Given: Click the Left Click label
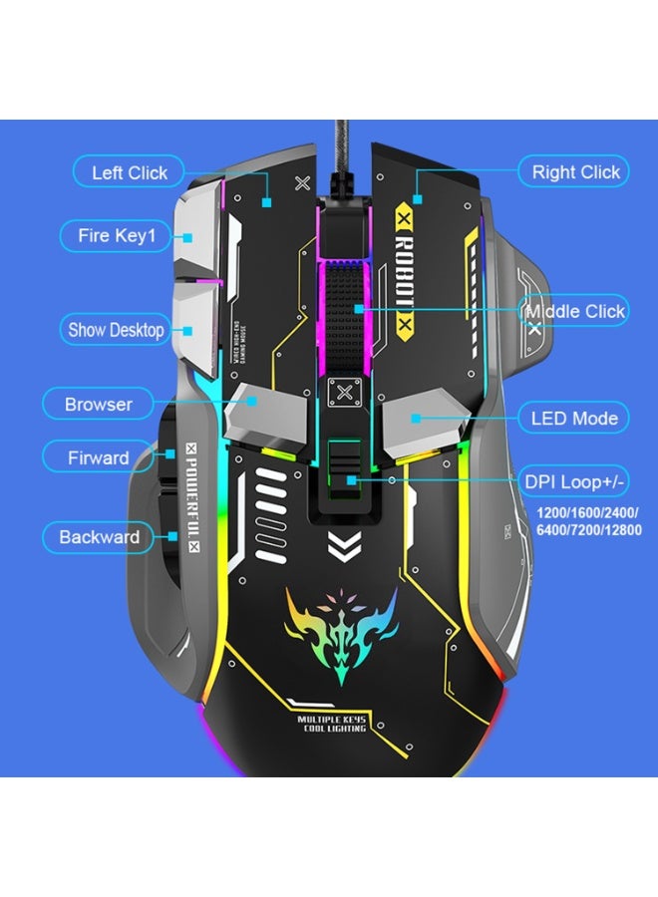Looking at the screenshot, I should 130,172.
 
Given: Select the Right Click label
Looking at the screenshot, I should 575,171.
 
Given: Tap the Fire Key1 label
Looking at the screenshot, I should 124,236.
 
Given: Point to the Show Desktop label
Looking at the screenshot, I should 116,329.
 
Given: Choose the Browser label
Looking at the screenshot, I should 99,404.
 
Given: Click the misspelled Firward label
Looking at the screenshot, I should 99,457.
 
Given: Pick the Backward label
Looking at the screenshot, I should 99,537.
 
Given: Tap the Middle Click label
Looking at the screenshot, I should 576,311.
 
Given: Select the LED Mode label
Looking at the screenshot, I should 574,418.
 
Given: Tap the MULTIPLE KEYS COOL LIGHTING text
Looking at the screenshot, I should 333,724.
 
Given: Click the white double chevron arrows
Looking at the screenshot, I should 342,545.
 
